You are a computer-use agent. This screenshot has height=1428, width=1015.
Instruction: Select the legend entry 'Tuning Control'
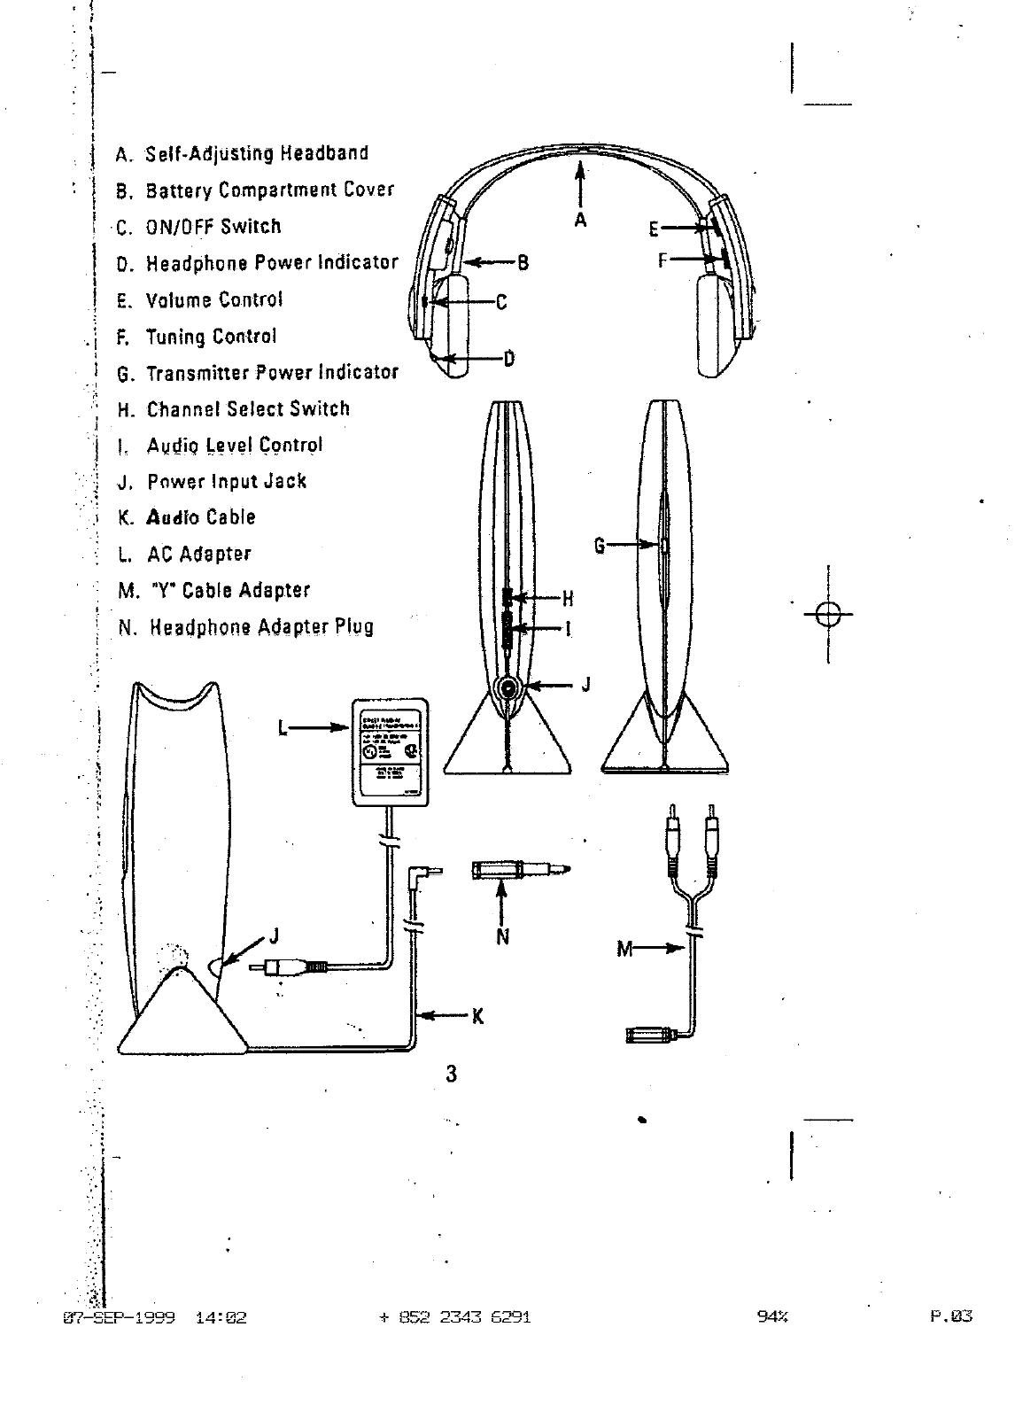coord(211,337)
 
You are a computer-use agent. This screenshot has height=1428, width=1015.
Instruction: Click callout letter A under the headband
coord(580,219)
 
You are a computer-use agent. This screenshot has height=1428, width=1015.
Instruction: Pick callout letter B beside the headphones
coord(523,262)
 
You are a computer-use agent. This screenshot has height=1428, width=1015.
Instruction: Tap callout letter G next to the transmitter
coord(600,546)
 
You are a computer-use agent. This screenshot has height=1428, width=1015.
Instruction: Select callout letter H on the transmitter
coord(568,599)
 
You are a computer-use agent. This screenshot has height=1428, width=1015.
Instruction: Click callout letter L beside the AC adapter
coord(283,728)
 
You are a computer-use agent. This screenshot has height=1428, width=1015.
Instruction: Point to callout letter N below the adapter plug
coord(502,936)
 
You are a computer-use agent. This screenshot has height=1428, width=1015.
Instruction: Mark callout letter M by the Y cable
coord(625,950)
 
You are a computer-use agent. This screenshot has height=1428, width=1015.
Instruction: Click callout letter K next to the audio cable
coord(478,1016)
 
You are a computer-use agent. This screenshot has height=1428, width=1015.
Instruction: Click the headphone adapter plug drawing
coord(519,871)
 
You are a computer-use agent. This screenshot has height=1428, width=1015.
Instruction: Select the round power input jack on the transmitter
coord(508,687)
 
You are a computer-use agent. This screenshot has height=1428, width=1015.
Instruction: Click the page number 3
coord(452,1075)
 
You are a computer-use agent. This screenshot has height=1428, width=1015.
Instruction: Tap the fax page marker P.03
coord(951,1316)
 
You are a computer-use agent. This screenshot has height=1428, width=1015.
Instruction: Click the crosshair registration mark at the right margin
coord(828,613)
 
